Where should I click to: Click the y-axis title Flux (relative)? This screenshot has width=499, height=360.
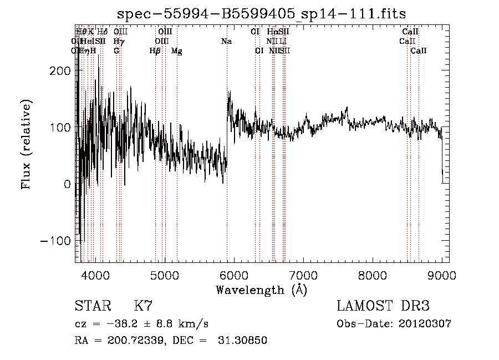click(x=26, y=144)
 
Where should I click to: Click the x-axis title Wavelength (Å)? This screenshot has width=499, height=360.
click(x=262, y=290)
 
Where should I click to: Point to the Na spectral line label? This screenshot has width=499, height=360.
click(x=226, y=42)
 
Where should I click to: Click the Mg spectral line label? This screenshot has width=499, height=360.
click(x=177, y=51)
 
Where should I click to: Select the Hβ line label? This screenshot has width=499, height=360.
click(x=155, y=51)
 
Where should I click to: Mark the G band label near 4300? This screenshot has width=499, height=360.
click(x=116, y=51)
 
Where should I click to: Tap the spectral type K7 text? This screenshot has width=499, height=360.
click(x=143, y=306)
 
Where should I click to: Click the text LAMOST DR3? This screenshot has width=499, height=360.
click(x=383, y=306)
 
